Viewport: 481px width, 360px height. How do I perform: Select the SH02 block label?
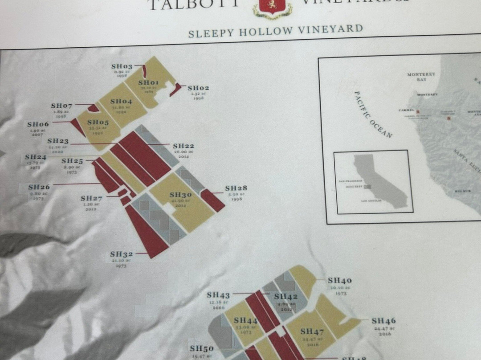(198, 88)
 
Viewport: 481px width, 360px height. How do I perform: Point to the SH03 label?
(122, 66)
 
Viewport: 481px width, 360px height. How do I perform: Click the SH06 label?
(38, 125)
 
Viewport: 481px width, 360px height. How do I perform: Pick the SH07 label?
(61, 106)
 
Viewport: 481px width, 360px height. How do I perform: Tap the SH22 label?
(183, 146)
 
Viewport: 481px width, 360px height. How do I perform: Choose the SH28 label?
(236, 188)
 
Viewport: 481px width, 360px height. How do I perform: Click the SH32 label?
(122, 254)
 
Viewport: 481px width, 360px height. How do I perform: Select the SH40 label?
(340, 281)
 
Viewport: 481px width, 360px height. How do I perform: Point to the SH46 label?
(383, 321)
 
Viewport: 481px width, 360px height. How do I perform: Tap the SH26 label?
(39, 188)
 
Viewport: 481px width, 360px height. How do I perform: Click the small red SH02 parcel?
(176, 89)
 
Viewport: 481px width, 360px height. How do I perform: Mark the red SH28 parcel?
(212, 200)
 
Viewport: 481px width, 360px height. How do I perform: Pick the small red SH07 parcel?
(94, 108)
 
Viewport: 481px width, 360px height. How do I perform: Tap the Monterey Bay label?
(421, 76)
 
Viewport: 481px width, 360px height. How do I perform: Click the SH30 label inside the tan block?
(181, 195)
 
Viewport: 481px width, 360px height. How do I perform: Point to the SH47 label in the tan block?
(312, 331)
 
